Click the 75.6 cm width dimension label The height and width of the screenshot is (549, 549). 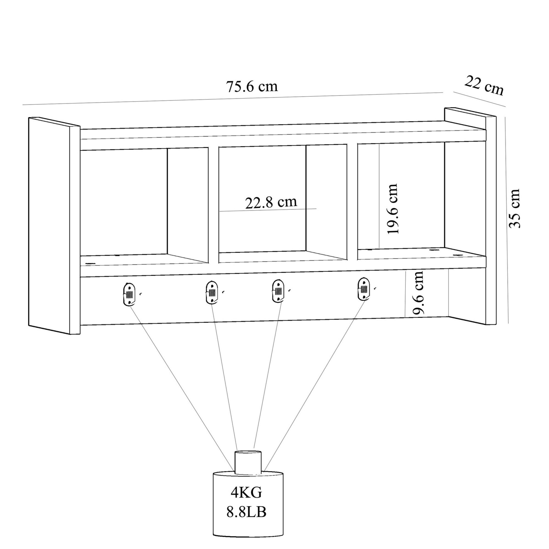252,87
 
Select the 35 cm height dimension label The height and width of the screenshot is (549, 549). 514,208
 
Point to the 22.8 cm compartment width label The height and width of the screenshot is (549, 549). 271,202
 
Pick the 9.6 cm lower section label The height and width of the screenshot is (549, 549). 418,293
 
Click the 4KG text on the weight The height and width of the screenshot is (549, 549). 246,493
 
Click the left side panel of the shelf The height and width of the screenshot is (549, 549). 54,226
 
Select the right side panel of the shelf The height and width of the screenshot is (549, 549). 470,216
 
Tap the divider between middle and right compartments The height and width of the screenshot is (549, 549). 352,202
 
